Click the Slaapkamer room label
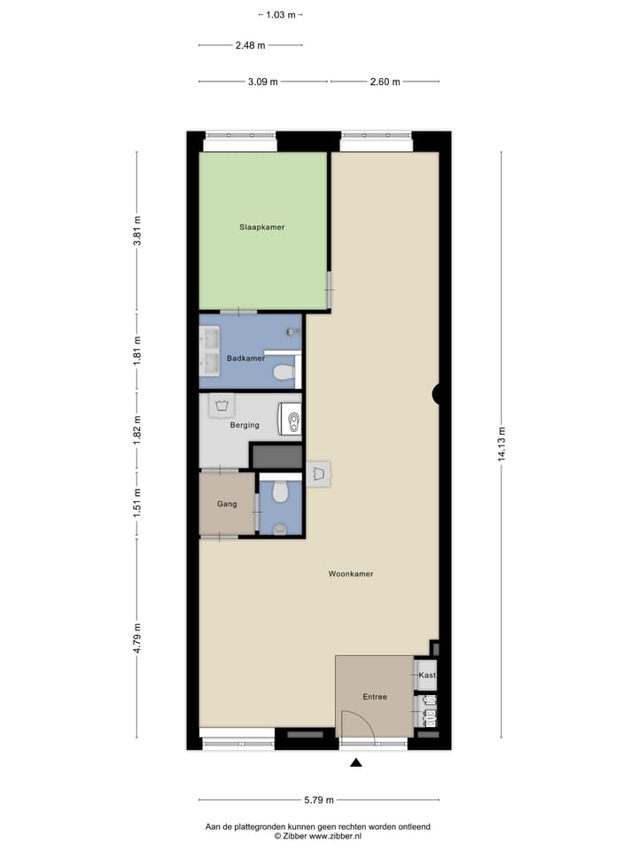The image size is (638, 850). pos(261,228)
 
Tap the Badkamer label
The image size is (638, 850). pos(245,359)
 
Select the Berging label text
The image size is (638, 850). pos(245,425)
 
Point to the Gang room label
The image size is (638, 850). pos(227,504)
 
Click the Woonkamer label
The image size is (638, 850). pos(351,574)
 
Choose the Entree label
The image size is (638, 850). pos(375,697)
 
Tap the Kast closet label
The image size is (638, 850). pos(428,675)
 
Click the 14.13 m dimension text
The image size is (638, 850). pos(501,444)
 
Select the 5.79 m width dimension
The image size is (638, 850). pos(318,800)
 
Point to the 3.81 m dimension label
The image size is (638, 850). pos(136,232)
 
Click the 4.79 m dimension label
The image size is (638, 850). pos(136,637)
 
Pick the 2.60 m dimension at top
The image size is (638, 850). pos(385,81)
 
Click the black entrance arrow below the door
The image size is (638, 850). pos(356,762)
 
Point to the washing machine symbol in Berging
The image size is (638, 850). pos(221,406)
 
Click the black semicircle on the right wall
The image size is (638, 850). pos(436,395)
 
